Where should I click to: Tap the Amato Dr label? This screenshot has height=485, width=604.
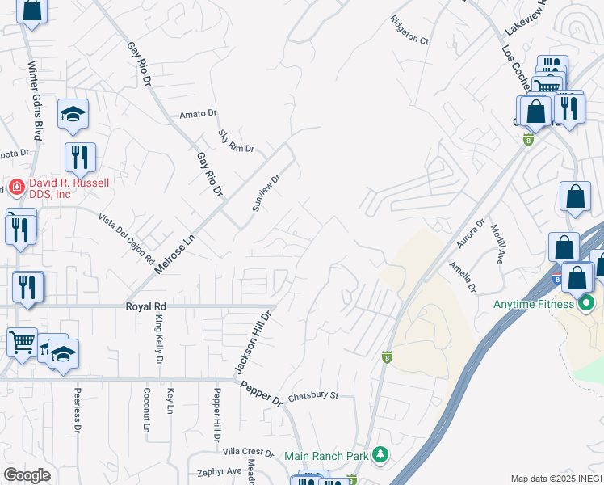[199, 115]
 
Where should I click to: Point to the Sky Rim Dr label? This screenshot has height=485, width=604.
[236, 141]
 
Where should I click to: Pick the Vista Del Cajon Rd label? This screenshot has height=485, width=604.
[126, 239]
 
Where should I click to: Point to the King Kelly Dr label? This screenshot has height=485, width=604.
[159, 339]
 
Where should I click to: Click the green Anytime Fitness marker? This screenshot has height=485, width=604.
[587, 304]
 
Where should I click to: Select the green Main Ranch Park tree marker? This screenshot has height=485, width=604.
[380, 456]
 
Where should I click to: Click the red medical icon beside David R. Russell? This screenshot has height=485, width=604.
[15, 188]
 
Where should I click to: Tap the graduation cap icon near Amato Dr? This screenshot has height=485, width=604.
[73, 115]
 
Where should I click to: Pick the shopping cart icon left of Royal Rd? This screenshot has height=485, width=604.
[22, 341]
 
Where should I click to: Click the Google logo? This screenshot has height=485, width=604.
[27, 475]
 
